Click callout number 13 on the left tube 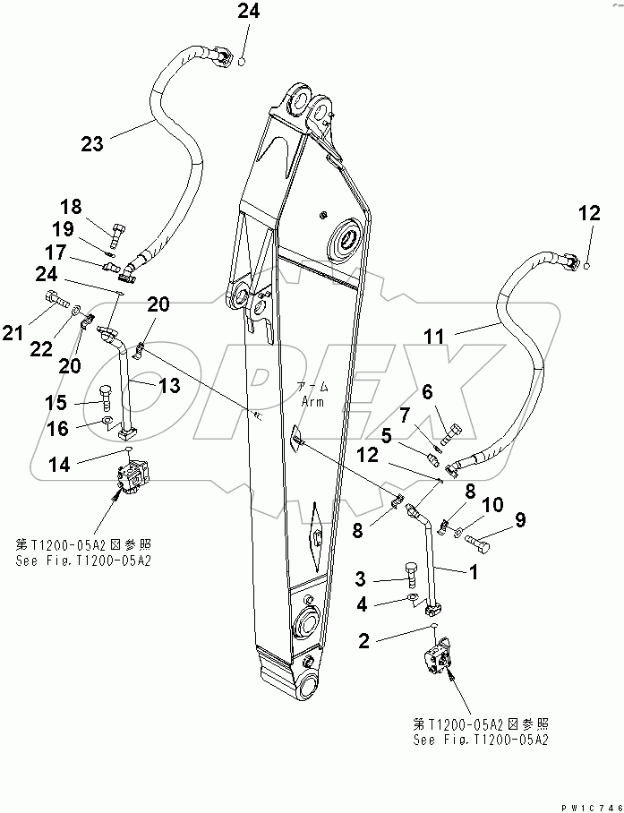coord(168,386)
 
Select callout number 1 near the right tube coord(471,569)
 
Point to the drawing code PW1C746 coord(587,805)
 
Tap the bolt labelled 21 coord(51,299)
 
